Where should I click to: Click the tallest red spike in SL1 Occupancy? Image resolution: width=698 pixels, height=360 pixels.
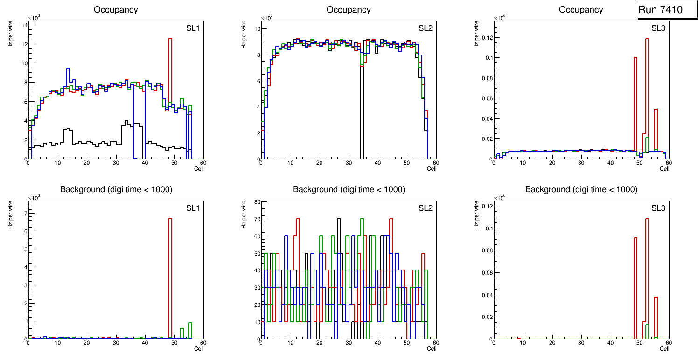click(x=170, y=70)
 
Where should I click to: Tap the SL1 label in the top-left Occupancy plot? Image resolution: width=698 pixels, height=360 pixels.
click(x=193, y=28)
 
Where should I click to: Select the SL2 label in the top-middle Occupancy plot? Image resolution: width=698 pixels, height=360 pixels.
click(x=426, y=28)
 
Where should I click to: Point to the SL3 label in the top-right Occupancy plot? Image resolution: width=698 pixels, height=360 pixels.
click(x=658, y=28)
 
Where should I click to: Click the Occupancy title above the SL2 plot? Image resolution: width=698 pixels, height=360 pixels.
click(x=349, y=10)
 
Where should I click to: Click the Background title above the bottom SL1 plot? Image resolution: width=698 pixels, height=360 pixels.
click(x=116, y=189)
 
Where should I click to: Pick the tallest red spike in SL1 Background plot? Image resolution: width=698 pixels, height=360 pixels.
click(x=170, y=261)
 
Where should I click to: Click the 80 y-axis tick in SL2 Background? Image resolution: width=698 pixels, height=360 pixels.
click(x=256, y=202)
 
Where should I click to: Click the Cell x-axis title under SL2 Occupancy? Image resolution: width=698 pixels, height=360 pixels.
click(x=432, y=169)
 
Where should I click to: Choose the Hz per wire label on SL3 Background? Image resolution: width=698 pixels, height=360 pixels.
click(x=476, y=214)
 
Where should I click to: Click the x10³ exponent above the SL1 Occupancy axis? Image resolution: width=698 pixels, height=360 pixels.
click(x=34, y=18)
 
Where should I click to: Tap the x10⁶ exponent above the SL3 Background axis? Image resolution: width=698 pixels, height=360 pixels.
click(x=500, y=198)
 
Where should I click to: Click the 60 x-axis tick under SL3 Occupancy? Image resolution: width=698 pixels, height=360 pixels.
click(x=668, y=163)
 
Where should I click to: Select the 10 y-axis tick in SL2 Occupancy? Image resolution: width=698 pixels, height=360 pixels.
click(x=256, y=29)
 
